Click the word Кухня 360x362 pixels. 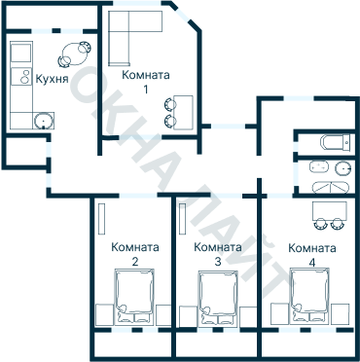(52, 79)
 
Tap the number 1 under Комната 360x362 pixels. (146, 90)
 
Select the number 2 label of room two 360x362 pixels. (135, 262)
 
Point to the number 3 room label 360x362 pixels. (218, 262)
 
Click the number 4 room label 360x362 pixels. (312, 262)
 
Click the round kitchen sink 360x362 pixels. (43, 121)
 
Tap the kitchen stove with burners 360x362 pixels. (21, 76)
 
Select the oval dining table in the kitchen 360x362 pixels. (75, 54)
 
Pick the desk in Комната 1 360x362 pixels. (183, 112)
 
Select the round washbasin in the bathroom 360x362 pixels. (343, 168)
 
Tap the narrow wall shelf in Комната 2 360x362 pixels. (101, 219)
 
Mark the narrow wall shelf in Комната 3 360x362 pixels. (183, 219)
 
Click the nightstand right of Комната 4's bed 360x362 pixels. (340, 313)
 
